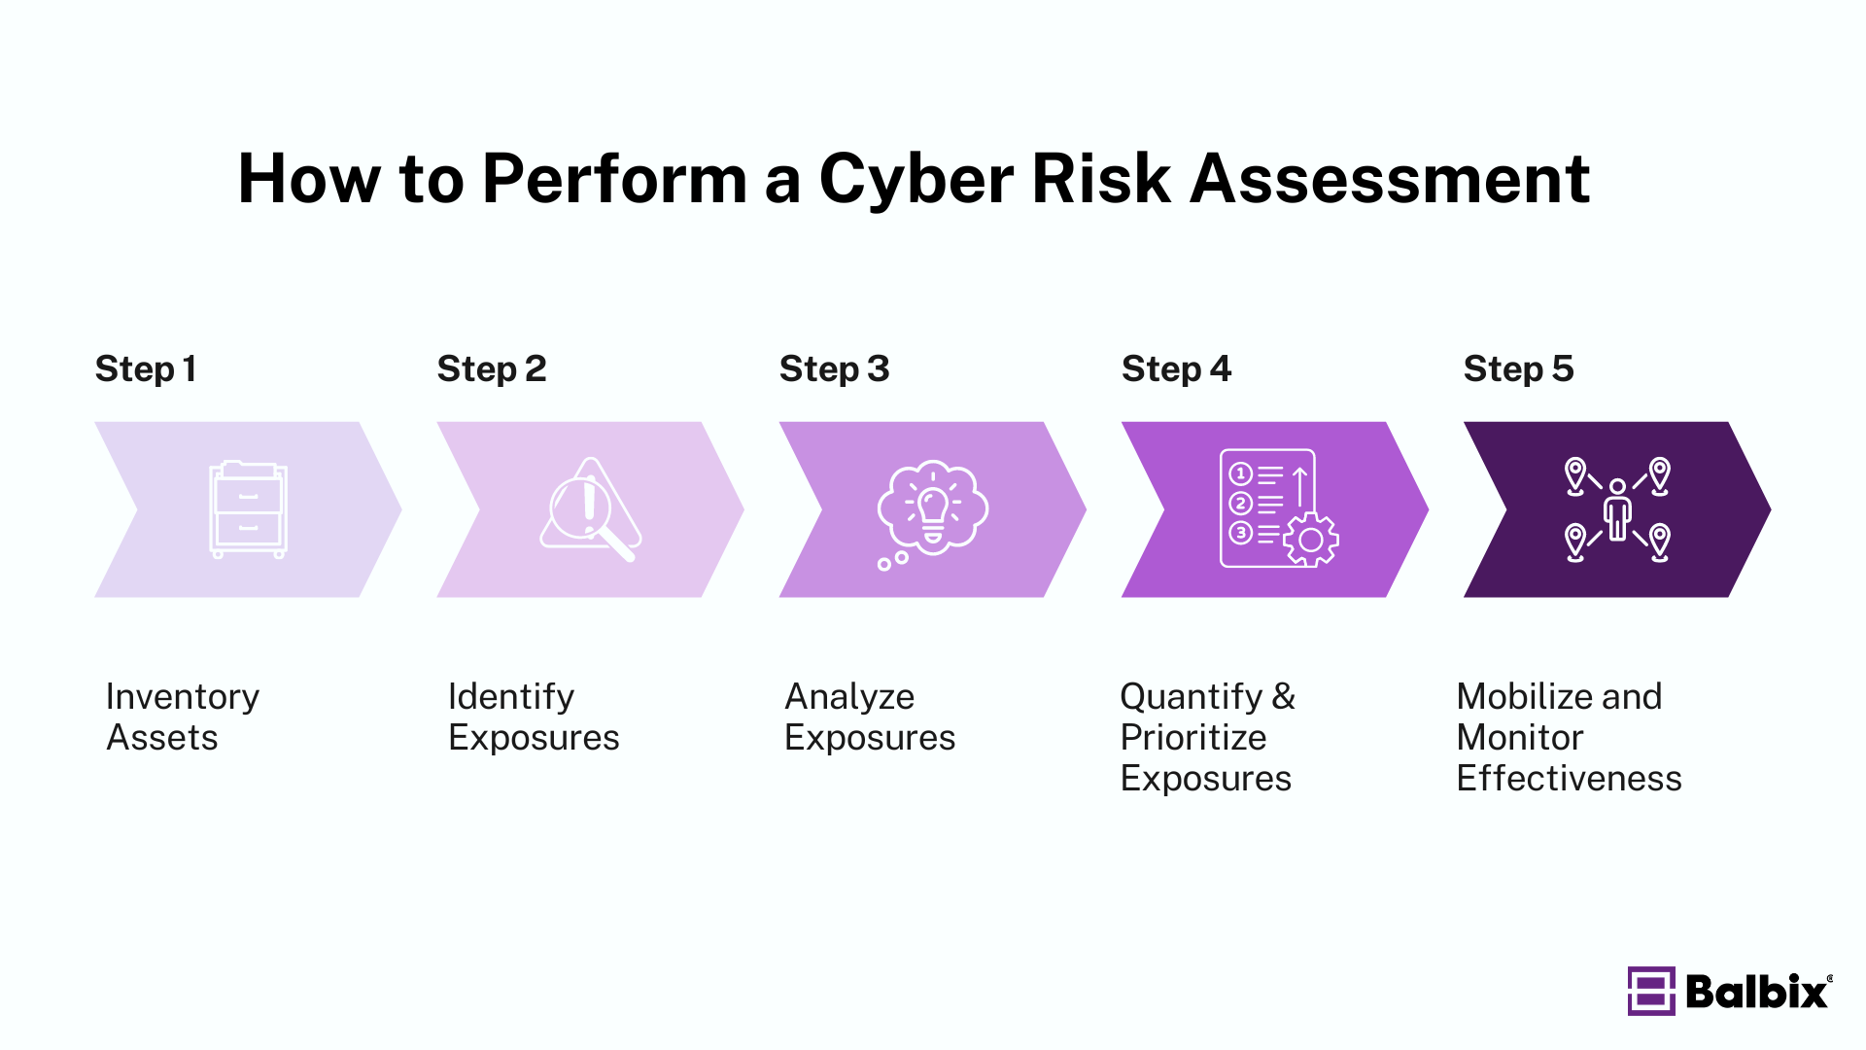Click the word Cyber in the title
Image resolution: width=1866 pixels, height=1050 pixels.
[x=916, y=180]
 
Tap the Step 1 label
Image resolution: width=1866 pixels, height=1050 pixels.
[x=146, y=369]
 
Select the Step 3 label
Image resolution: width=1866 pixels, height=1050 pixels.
[x=834, y=369]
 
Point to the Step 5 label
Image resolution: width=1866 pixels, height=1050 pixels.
[x=1518, y=369]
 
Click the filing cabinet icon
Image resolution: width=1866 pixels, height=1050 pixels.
[x=248, y=509]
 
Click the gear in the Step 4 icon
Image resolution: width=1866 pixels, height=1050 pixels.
[x=1310, y=540]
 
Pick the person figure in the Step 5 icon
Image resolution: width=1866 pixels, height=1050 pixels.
[x=1617, y=510]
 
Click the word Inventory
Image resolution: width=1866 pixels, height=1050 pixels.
[x=183, y=697]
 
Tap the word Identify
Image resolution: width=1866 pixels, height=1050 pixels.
[x=511, y=697]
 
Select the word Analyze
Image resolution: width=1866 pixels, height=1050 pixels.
[x=849, y=697]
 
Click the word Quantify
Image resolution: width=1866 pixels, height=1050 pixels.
[x=1191, y=697]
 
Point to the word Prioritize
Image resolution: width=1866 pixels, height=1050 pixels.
[x=1192, y=738]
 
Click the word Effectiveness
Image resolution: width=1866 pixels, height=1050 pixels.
[x=1569, y=779]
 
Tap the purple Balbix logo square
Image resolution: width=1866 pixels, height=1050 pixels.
[x=1650, y=991]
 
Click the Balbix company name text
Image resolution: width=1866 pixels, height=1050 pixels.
[x=1757, y=992]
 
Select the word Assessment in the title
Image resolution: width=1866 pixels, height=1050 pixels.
[x=1390, y=180]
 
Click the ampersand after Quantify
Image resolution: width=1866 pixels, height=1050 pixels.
[x=1284, y=697]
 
